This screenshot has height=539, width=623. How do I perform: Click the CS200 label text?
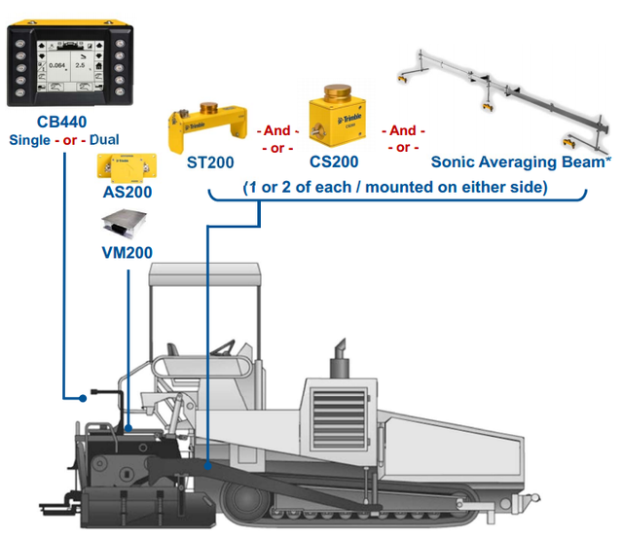click(335, 162)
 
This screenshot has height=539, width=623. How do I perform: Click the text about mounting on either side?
click(394, 185)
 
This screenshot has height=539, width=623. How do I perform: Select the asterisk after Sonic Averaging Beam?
click(608, 159)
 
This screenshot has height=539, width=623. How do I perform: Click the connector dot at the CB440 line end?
click(85, 397)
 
